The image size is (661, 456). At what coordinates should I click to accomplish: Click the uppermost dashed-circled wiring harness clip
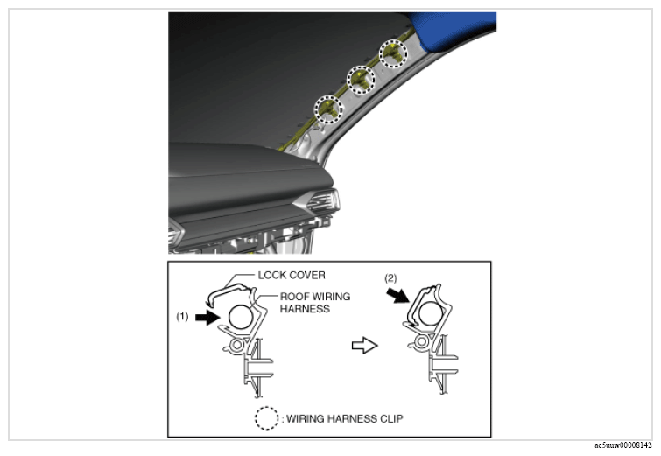(394, 53)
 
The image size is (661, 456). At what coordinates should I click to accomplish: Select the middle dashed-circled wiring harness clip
(361, 80)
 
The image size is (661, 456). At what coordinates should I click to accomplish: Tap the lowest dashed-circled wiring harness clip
(329, 109)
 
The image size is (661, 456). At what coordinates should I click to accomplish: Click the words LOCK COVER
(292, 275)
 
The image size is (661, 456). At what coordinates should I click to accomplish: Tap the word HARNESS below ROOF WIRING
(305, 309)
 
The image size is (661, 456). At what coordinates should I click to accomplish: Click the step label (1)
(182, 317)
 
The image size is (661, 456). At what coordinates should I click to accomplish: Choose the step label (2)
(390, 278)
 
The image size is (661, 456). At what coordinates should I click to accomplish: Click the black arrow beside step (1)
(207, 318)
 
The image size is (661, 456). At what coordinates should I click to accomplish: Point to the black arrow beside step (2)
(398, 295)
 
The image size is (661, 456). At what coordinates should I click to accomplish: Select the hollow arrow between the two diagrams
(365, 346)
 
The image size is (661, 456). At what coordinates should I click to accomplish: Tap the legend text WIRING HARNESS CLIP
(345, 419)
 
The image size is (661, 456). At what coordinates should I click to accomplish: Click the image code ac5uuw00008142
(623, 445)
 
